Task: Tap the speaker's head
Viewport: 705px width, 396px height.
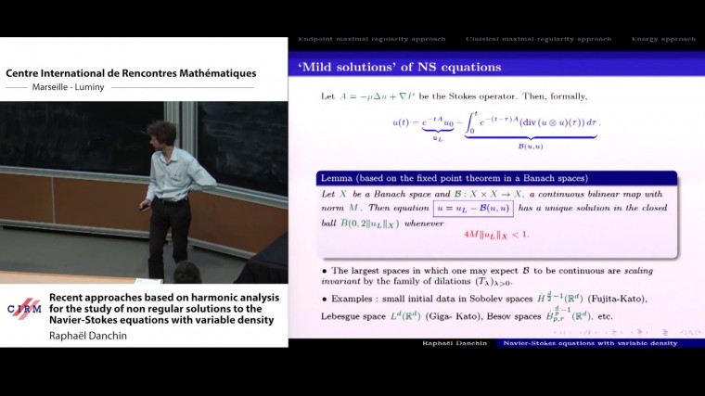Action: click(161, 134)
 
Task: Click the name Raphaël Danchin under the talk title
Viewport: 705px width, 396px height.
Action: click(89, 337)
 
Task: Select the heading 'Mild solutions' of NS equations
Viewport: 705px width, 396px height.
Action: click(400, 67)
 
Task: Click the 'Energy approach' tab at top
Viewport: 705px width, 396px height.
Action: click(663, 39)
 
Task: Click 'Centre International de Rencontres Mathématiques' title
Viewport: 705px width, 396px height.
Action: click(131, 73)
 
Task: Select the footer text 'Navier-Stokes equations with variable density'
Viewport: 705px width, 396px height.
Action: click(588, 343)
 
